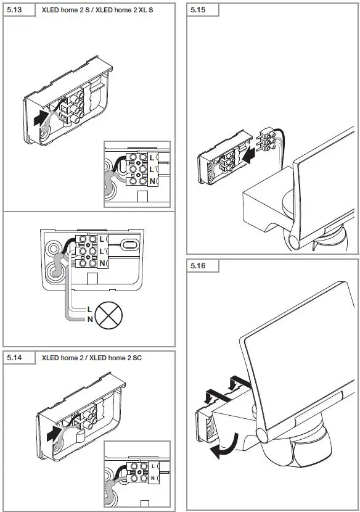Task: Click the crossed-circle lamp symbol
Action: (x=109, y=313)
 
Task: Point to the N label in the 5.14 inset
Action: (x=153, y=477)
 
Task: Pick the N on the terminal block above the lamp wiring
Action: (x=102, y=263)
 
